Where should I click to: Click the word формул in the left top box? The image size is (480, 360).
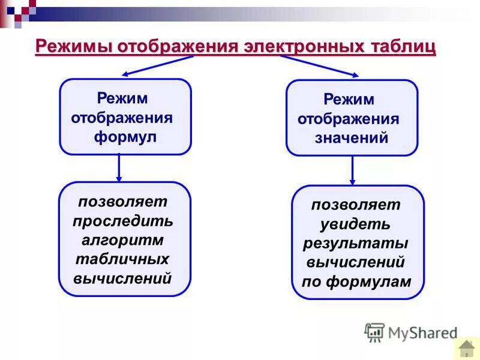pyautogui.click(x=125, y=136)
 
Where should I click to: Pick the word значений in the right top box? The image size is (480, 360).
pyautogui.click(x=352, y=138)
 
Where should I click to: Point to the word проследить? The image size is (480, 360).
pyautogui.click(x=123, y=221)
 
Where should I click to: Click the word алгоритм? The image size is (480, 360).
pyautogui.click(x=123, y=240)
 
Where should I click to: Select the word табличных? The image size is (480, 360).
pyautogui.click(x=123, y=259)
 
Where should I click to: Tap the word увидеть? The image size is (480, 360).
pyautogui.click(x=356, y=224)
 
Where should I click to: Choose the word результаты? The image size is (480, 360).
pyautogui.click(x=356, y=244)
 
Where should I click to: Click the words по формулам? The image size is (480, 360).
pyautogui.click(x=356, y=281)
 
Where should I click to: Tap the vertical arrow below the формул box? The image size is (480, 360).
pyautogui.click(x=119, y=168)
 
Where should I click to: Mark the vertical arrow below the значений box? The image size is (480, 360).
pyautogui.click(x=352, y=170)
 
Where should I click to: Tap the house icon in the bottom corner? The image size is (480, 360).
pyautogui.click(x=466, y=348)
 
